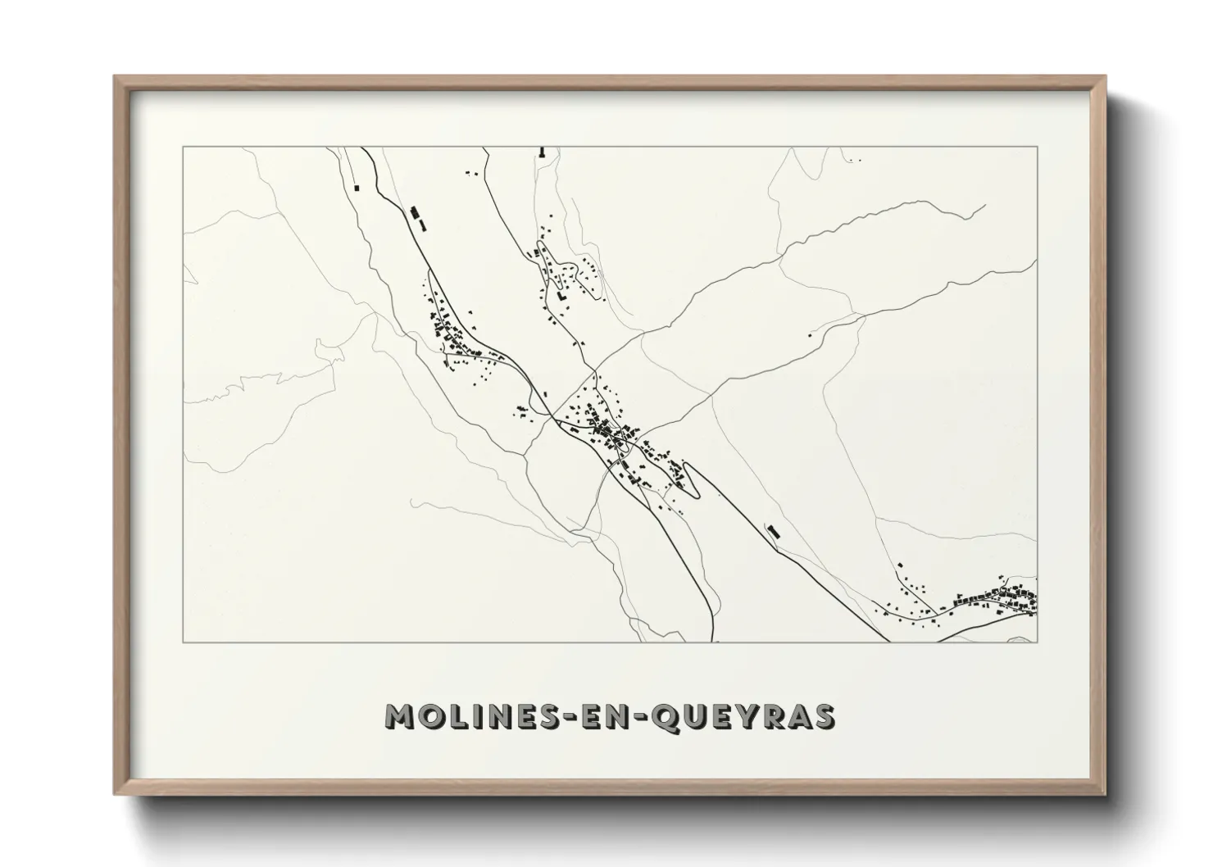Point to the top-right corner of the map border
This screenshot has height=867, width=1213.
click(x=1037, y=148)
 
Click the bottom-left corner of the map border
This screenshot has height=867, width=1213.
click(x=183, y=642)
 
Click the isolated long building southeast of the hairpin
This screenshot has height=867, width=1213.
click(x=772, y=531)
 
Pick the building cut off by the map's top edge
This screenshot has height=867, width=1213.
click(x=542, y=152)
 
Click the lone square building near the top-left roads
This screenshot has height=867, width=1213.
click(x=357, y=188)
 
